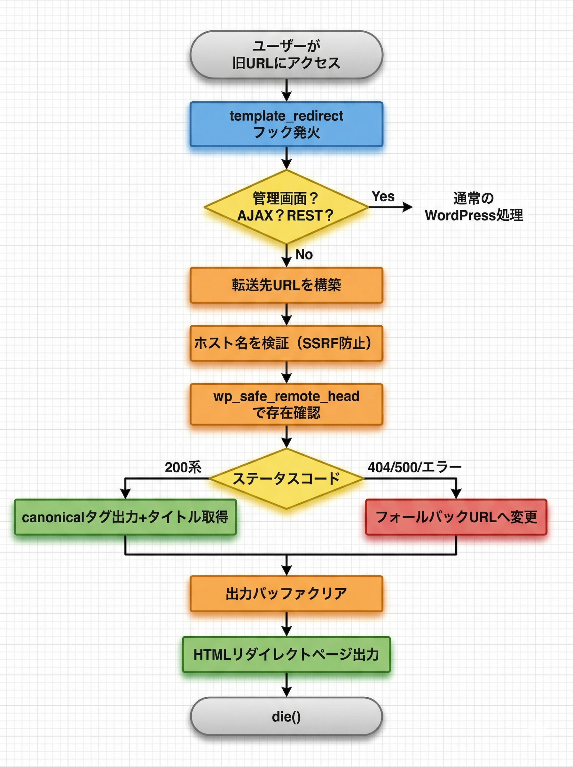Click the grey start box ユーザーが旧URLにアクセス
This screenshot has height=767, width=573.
(286, 55)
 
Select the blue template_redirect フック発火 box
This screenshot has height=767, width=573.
(286, 124)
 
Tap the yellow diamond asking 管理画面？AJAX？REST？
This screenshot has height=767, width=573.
(286, 207)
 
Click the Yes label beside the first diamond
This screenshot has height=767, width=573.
(383, 196)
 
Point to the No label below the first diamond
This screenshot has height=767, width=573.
(304, 254)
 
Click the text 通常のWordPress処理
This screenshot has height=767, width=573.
(474, 207)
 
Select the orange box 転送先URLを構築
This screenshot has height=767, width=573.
(286, 285)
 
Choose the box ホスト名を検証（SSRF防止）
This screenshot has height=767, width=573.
(286, 343)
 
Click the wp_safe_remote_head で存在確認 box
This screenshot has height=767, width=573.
(286, 404)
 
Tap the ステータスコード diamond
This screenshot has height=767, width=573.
(286, 479)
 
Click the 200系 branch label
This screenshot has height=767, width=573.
(183, 467)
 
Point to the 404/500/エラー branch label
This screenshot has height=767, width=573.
(414, 467)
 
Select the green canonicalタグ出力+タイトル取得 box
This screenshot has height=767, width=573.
(125, 517)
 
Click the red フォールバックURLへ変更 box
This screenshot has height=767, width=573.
(456, 517)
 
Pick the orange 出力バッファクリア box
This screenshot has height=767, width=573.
(286, 594)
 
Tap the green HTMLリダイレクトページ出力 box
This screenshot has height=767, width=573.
(286, 655)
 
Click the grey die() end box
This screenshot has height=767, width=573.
(286, 717)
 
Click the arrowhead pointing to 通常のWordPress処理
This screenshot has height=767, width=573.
(408, 207)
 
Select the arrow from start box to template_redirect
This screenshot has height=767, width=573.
(286, 90)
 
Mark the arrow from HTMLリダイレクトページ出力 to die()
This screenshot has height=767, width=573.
(286, 685)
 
